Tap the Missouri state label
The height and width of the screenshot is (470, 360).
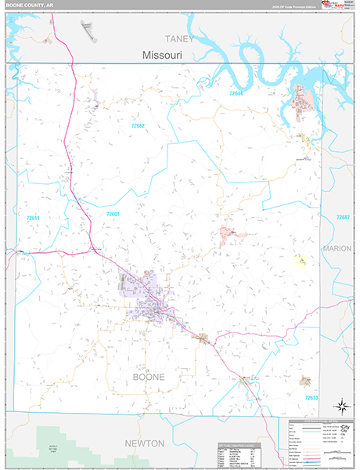click(x=163, y=56)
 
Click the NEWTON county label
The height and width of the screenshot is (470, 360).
click(x=145, y=443)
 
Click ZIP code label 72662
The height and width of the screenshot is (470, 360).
click(x=139, y=125)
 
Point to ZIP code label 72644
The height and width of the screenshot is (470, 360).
click(x=237, y=93)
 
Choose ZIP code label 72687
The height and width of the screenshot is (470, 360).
click(x=344, y=217)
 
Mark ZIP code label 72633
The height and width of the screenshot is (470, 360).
click(x=312, y=398)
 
